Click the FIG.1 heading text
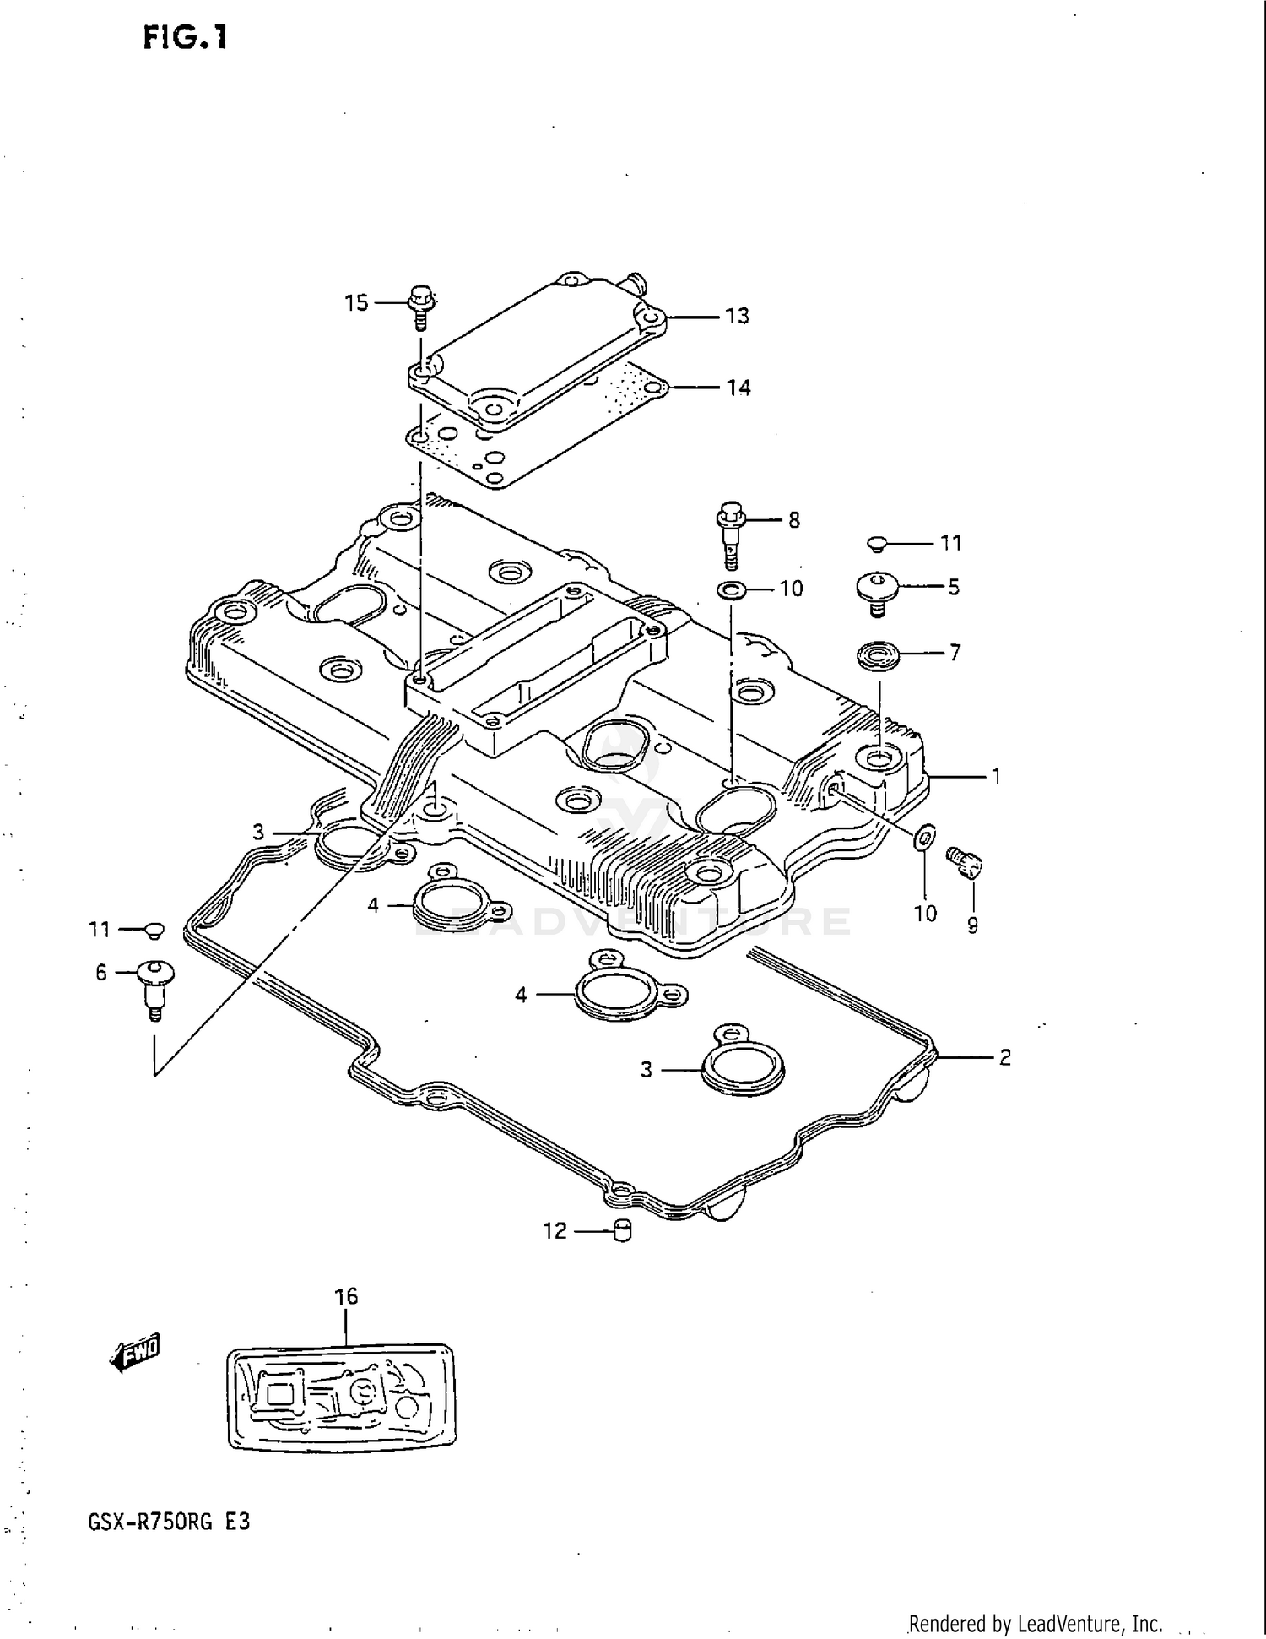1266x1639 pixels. click(x=185, y=38)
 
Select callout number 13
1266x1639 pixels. click(x=737, y=316)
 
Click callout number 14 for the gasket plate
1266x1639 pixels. click(x=738, y=388)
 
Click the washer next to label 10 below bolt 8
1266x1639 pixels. click(x=731, y=589)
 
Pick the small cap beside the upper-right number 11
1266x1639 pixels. click(x=878, y=543)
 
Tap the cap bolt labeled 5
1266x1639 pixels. click(x=877, y=587)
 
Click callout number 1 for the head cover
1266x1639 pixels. click(x=996, y=776)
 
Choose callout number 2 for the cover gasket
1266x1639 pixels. click(x=1004, y=1057)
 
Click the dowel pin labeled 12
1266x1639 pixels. click(x=623, y=1232)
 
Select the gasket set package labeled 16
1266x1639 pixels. click(x=342, y=1397)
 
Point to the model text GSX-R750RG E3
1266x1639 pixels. click(x=169, y=1522)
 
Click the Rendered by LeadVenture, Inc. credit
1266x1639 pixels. click(x=1035, y=1623)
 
